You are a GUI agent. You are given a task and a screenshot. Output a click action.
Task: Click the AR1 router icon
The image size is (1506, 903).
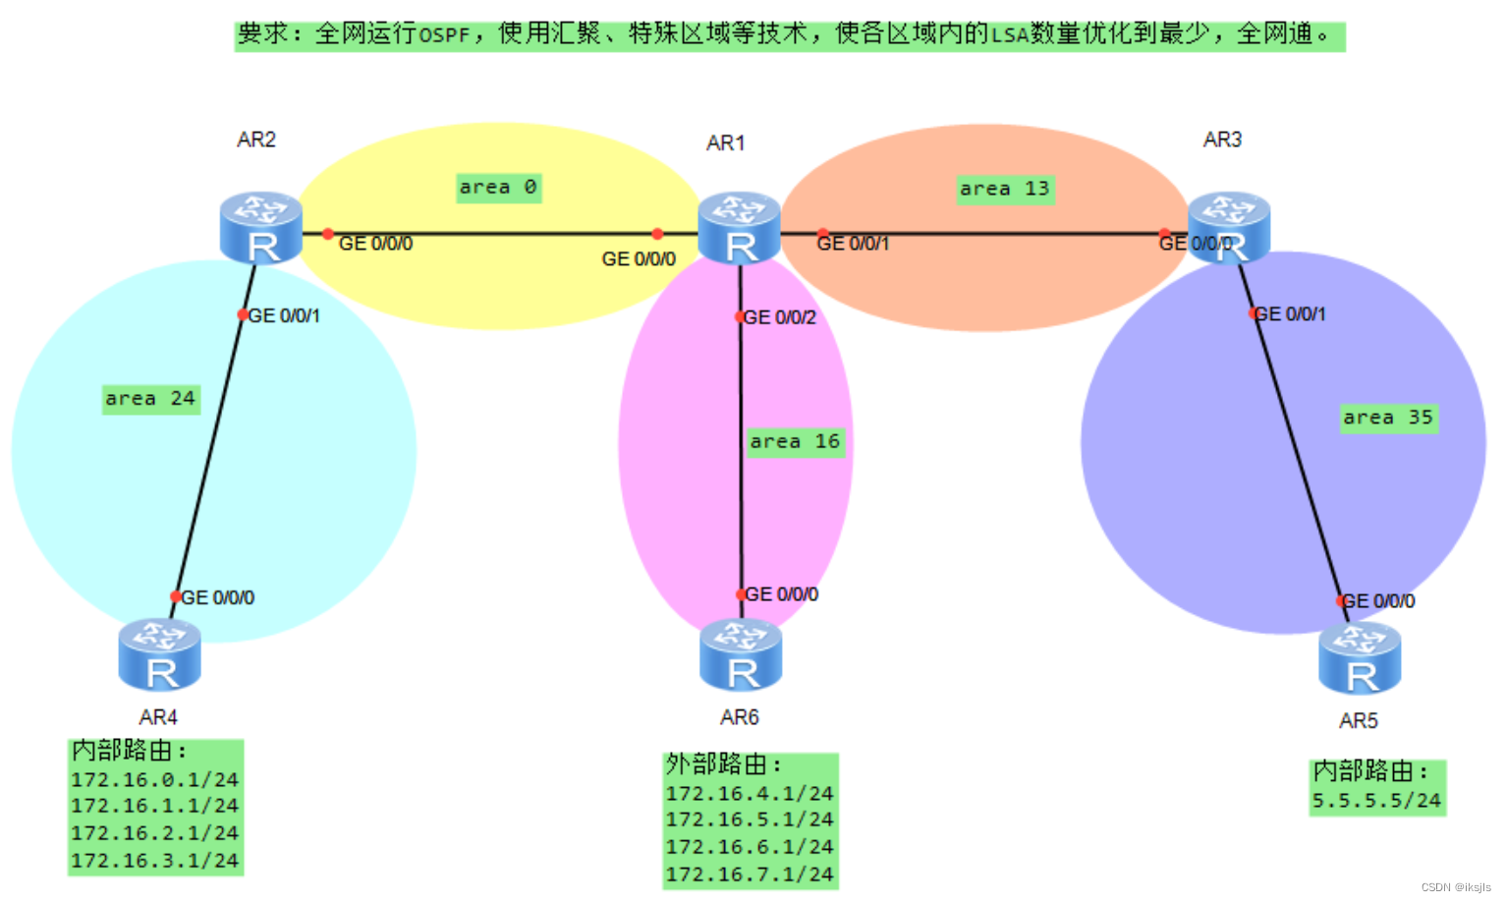tap(739, 228)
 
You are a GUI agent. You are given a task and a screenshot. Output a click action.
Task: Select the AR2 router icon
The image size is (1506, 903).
tap(260, 228)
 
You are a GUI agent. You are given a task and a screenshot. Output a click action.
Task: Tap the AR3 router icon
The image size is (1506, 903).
tap(1228, 228)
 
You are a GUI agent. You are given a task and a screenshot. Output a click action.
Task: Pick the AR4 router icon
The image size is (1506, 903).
tap(159, 655)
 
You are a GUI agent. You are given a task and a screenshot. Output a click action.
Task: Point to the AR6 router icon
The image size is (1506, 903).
tap(741, 655)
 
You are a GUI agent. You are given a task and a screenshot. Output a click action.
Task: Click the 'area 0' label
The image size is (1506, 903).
tap(498, 188)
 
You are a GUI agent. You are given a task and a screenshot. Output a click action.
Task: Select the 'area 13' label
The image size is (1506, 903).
tap(1005, 189)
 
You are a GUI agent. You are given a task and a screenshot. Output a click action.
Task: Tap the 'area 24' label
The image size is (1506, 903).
tap(150, 399)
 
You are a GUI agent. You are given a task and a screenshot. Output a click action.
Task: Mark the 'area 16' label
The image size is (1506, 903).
tap(795, 442)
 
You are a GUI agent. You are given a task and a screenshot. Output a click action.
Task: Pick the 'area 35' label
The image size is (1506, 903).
tap(1388, 418)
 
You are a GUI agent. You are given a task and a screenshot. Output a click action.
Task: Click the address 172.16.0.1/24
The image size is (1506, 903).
tap(154, 779)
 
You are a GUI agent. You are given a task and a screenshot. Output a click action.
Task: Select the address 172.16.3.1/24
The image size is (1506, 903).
tap(154, 861)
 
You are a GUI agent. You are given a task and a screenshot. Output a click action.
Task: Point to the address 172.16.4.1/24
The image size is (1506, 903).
tap(750, 793)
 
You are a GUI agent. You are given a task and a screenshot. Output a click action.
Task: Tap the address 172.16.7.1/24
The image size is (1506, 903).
tap(750, 875)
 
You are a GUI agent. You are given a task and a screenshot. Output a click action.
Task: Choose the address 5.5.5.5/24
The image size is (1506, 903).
tap(1376, 801)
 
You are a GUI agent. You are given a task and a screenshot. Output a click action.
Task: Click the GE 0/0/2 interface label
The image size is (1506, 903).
tap(780, 317)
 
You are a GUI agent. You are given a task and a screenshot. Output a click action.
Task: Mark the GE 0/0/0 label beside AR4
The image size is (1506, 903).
tap(218, 597)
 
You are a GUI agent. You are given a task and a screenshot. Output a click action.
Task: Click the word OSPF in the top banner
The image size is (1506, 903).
tap(444, 35)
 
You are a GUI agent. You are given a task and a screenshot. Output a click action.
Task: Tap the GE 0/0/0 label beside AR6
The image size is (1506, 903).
tap(782, 594)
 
